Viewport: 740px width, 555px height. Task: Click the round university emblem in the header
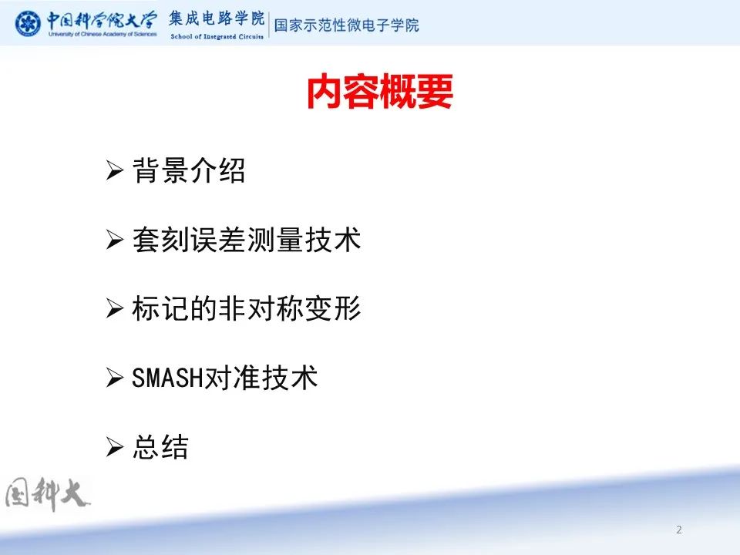[x=28, y=24]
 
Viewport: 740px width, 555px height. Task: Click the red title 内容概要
[x=380, y=92]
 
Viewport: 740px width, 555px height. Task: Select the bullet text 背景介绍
[x=189, y=170]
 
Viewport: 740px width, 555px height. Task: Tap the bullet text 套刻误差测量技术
[x=247, y=239]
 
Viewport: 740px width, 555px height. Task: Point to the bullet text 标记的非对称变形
[x=247, y=308]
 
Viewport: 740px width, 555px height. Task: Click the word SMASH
[x=167, y=378]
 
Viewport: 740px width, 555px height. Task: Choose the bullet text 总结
[x=160, y=446]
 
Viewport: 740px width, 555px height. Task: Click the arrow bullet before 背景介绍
[x=115, y=170]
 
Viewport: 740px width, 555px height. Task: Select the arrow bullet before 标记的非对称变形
[x=115, y=308]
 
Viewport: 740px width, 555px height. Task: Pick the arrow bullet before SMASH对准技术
[x=115, y=378]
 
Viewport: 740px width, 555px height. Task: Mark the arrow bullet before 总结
[x=115, y=446]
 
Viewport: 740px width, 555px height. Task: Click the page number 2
[x=678, y=530]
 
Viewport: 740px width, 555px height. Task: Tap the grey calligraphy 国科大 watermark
[x=46, y=494]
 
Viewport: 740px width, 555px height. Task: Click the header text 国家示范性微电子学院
[x=346, y=25]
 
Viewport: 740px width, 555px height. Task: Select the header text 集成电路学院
[x=217, y=18]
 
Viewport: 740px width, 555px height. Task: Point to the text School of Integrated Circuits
[x=217, y=36]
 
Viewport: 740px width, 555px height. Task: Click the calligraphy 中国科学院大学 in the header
[x=102, y=21]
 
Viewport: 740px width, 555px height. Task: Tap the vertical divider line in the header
[x=269, y=25]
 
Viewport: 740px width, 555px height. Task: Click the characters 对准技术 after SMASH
[x=261, y=378]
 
